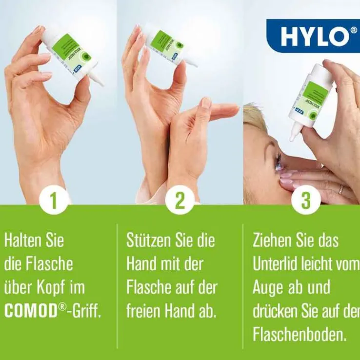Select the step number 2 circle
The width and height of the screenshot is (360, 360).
pyautogui.click(x=180, y=200)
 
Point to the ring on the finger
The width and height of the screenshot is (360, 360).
pyautogui.click(x=340, y=189)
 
